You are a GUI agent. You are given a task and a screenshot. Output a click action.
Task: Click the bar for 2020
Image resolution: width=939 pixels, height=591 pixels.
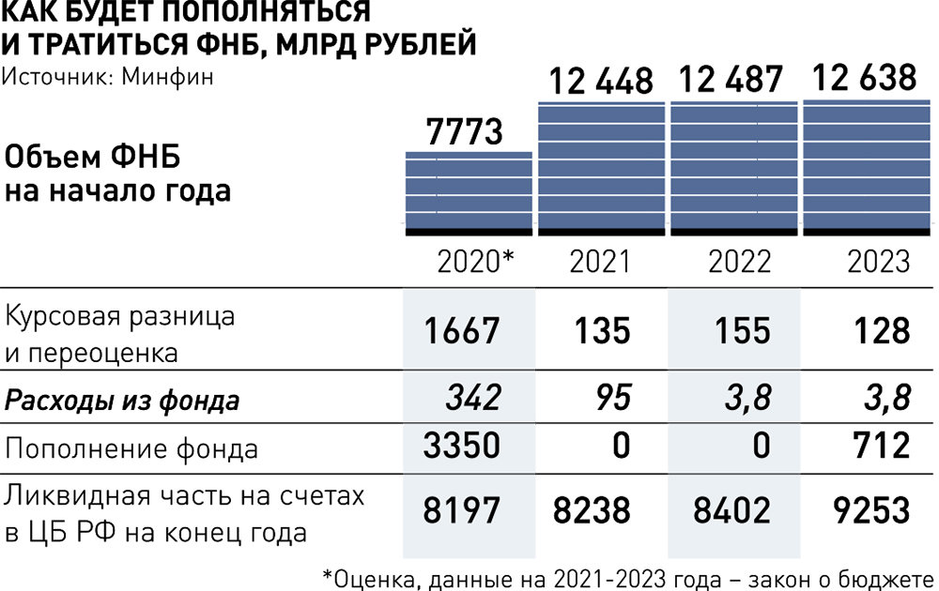(469, 192)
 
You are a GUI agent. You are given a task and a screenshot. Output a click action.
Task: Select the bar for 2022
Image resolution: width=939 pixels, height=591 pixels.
(732, 167)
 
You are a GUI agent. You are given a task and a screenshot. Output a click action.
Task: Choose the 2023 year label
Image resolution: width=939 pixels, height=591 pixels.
(879, 261)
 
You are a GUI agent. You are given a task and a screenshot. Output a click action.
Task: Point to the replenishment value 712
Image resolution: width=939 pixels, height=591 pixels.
(878, 445)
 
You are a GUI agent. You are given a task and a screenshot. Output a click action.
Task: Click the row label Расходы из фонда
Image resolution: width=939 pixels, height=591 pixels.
(122, 402)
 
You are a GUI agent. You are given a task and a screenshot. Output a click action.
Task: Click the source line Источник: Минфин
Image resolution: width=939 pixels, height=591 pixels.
(107, 76)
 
